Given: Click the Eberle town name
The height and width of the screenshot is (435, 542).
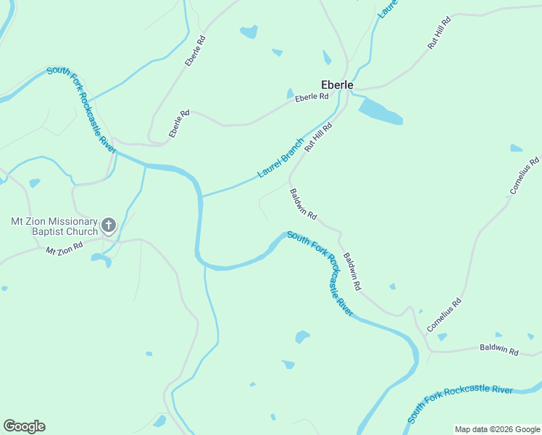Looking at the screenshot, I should [338, 85].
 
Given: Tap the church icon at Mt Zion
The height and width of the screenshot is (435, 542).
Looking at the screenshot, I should [108, 225].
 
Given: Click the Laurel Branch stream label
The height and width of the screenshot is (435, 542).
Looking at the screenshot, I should [281, 159].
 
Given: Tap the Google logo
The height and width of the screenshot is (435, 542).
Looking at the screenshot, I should [24, 426].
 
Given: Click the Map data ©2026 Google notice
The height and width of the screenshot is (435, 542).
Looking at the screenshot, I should [496, 429].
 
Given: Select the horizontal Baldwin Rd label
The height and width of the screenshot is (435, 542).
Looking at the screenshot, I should [499, 350].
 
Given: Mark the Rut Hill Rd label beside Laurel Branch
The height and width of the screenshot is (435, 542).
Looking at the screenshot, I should [318, 136].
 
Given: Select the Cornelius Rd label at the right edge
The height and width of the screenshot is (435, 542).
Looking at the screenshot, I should [525, 176].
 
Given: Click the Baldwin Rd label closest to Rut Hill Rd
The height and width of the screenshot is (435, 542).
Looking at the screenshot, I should [304, 204].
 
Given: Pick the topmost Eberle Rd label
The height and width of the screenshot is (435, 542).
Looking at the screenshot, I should [196, 50].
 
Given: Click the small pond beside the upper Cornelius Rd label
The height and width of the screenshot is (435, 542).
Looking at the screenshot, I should [516, 149].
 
